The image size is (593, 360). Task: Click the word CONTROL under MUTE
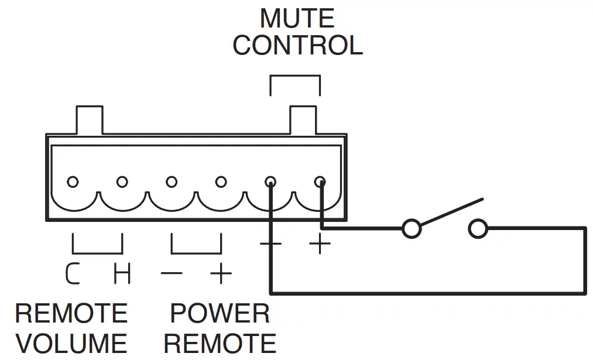[x=297, y=46]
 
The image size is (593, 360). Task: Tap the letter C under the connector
[x=73, y=273]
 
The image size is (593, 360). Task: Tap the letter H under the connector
[x=122, y=273]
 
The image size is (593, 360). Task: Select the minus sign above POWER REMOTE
[x=171, y=273]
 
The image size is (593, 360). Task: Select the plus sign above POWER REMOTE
[x=221, y=273]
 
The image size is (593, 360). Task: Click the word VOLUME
[x=71, y=343]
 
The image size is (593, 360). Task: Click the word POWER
[x=220, y=314]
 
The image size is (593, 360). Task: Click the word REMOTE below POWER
[x=220, y=343]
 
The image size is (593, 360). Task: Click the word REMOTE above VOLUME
[x=71, y=314]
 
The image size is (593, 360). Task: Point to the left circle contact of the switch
[x=412, y=229]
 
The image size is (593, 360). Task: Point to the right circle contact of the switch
[x=478, y=229]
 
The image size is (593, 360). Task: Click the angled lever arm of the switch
[x=451, y=212]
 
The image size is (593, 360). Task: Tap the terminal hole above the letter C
[x=73, y=181]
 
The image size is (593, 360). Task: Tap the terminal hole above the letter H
[x=122, y=181]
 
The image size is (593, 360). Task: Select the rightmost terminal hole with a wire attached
[x=320, y=181]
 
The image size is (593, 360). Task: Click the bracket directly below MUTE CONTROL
[x=295, y=77]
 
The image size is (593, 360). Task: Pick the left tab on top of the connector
[x=90, y=119]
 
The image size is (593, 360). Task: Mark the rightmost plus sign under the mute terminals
[x=320, y=244]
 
